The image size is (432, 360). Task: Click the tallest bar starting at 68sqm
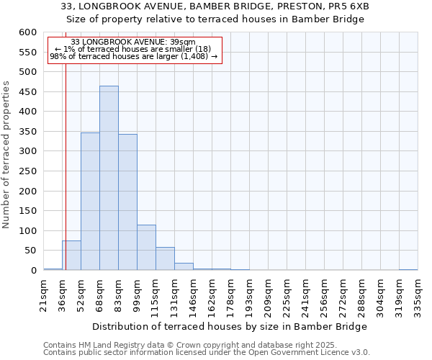(109, 178)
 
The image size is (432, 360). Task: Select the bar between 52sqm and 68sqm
(90, 202)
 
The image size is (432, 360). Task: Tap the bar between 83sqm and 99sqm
(127, 202)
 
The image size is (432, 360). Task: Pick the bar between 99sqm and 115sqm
(146, 248)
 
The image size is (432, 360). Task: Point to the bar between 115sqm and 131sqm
(165, 258)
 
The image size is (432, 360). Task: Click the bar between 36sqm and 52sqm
(71, 256)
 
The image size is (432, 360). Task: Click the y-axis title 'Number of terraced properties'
(7, 154)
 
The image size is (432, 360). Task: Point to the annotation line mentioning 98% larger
(133, 57)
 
